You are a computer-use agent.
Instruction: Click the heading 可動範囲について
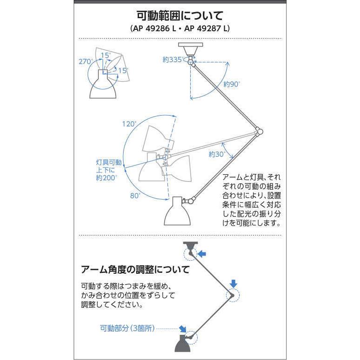(x=180, y=16)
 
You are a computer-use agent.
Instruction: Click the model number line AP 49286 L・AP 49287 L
(x=180, y=28)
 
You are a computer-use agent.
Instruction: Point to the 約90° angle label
(x=231, y=84)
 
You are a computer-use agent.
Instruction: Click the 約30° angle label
(x=217, y=154)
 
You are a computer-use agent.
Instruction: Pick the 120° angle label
(x=129, y=125)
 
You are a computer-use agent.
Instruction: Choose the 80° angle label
(x=135, y=196)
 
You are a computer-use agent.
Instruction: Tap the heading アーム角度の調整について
(x=135, y=270)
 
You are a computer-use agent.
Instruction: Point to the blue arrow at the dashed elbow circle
(x=234, y=284)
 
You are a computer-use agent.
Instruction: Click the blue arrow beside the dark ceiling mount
(x=202, y=254)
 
